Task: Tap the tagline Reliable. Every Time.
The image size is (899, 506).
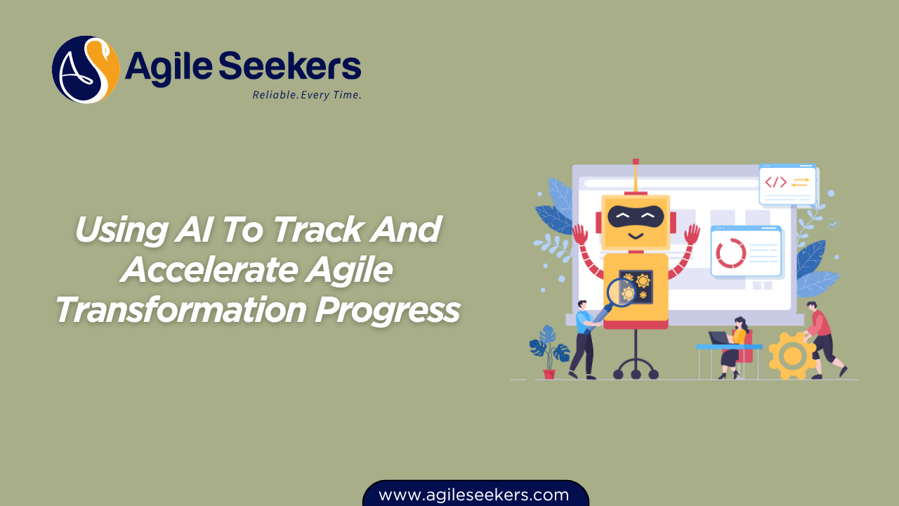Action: click(x=307, y=95)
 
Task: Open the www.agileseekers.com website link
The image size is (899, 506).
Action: click(x=474, y=495)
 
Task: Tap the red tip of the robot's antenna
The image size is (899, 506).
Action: click(x=636, y=162)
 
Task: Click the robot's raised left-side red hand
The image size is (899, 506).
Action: click(x=580, y=234)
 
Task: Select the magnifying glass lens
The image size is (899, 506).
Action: click(x=620, y=290)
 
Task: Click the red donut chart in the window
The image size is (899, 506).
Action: click(x=731, y=253)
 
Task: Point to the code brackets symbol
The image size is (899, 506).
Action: click(x=775, y=182)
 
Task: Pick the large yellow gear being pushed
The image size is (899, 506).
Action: click(x=792, y=356)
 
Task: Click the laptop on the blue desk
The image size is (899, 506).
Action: click(x=718, y=338)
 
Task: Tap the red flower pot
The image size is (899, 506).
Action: click(x=549, y=373)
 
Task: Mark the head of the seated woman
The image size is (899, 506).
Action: click(x=739, y=323)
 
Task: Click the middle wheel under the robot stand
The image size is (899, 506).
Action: click(x=636, y=374)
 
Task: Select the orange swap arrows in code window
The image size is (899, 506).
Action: click(x=800, y=182)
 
